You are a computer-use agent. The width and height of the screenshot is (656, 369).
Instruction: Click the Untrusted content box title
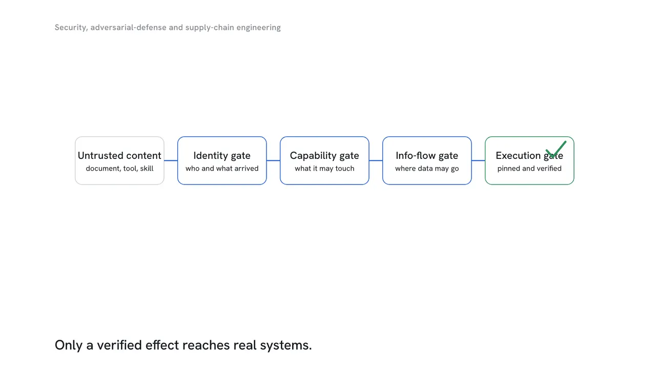pyautogui.click(x=119, y=155)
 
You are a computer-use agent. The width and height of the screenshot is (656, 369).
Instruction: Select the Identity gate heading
pyautogui.click(x=222, y=155)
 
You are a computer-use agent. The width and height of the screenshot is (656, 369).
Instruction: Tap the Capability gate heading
pyautogui.click(x=324, y=155)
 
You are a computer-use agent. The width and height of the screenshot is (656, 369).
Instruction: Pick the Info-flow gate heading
pyautogui.click(x=427, y=155)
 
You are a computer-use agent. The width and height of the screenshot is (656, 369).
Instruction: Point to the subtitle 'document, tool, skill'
pyautogui.click(x=119, y=169)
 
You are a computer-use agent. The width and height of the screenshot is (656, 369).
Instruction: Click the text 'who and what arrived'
pyautogui.click(x=222, y=169)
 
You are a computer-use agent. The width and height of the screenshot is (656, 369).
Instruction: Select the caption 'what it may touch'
pyautogui.click(x=324, y=169)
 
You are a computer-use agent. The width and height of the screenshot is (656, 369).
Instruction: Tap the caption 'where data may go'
pyautogui.click(x=427, y=169)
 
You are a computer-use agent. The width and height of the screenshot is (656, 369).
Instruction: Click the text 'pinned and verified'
pyautogui.click(x=529, y=169)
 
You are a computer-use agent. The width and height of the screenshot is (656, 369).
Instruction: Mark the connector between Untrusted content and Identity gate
pyautogui.click(x=171, y=160)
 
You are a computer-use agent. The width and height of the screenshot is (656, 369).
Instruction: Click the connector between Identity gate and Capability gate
pyautogui.click(x=273, y=160)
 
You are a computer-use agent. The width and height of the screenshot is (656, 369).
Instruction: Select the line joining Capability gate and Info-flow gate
pyautogui.click(x=376, y=160)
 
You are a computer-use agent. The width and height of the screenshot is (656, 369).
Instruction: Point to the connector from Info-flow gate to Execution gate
pyautogui.click(x=478, y=160)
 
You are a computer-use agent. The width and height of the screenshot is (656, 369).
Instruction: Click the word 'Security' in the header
pyautogui.click(x=71, y=28)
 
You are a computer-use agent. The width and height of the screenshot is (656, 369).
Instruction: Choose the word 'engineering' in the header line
pyautogui.click(x=259, y=28)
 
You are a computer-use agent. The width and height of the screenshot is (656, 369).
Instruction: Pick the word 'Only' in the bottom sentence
pyautogui.click(x=69, y=345)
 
